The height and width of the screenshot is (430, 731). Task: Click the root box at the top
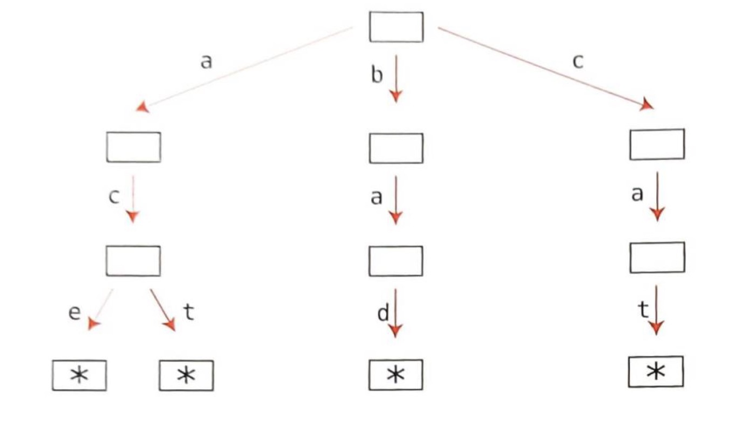coord(396,27)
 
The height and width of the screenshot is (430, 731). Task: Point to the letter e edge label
coord(74,313)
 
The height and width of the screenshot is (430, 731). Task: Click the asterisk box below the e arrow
coord(79,376)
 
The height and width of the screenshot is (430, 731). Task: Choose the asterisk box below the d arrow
coord(395,375)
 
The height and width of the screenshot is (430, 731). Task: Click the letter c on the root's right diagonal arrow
coord(577,62)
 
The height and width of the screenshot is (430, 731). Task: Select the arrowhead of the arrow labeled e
coord(94,324)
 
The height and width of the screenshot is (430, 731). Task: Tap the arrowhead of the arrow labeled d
coord(395,330)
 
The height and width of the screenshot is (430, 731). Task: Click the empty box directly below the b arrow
coord(396,148)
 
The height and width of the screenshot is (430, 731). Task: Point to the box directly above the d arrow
coord(395,261)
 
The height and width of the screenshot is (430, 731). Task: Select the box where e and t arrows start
coord(133,261)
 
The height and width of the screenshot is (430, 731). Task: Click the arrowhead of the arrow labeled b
coord(395,96)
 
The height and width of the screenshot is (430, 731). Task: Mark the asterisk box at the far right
coord(656,372)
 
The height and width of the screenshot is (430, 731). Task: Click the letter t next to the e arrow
coord(188,312)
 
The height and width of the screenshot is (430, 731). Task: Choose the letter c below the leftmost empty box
coord(113,197)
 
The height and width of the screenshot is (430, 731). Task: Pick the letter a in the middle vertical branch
coord(377,197)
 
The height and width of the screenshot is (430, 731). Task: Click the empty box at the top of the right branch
coord(657,144)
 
